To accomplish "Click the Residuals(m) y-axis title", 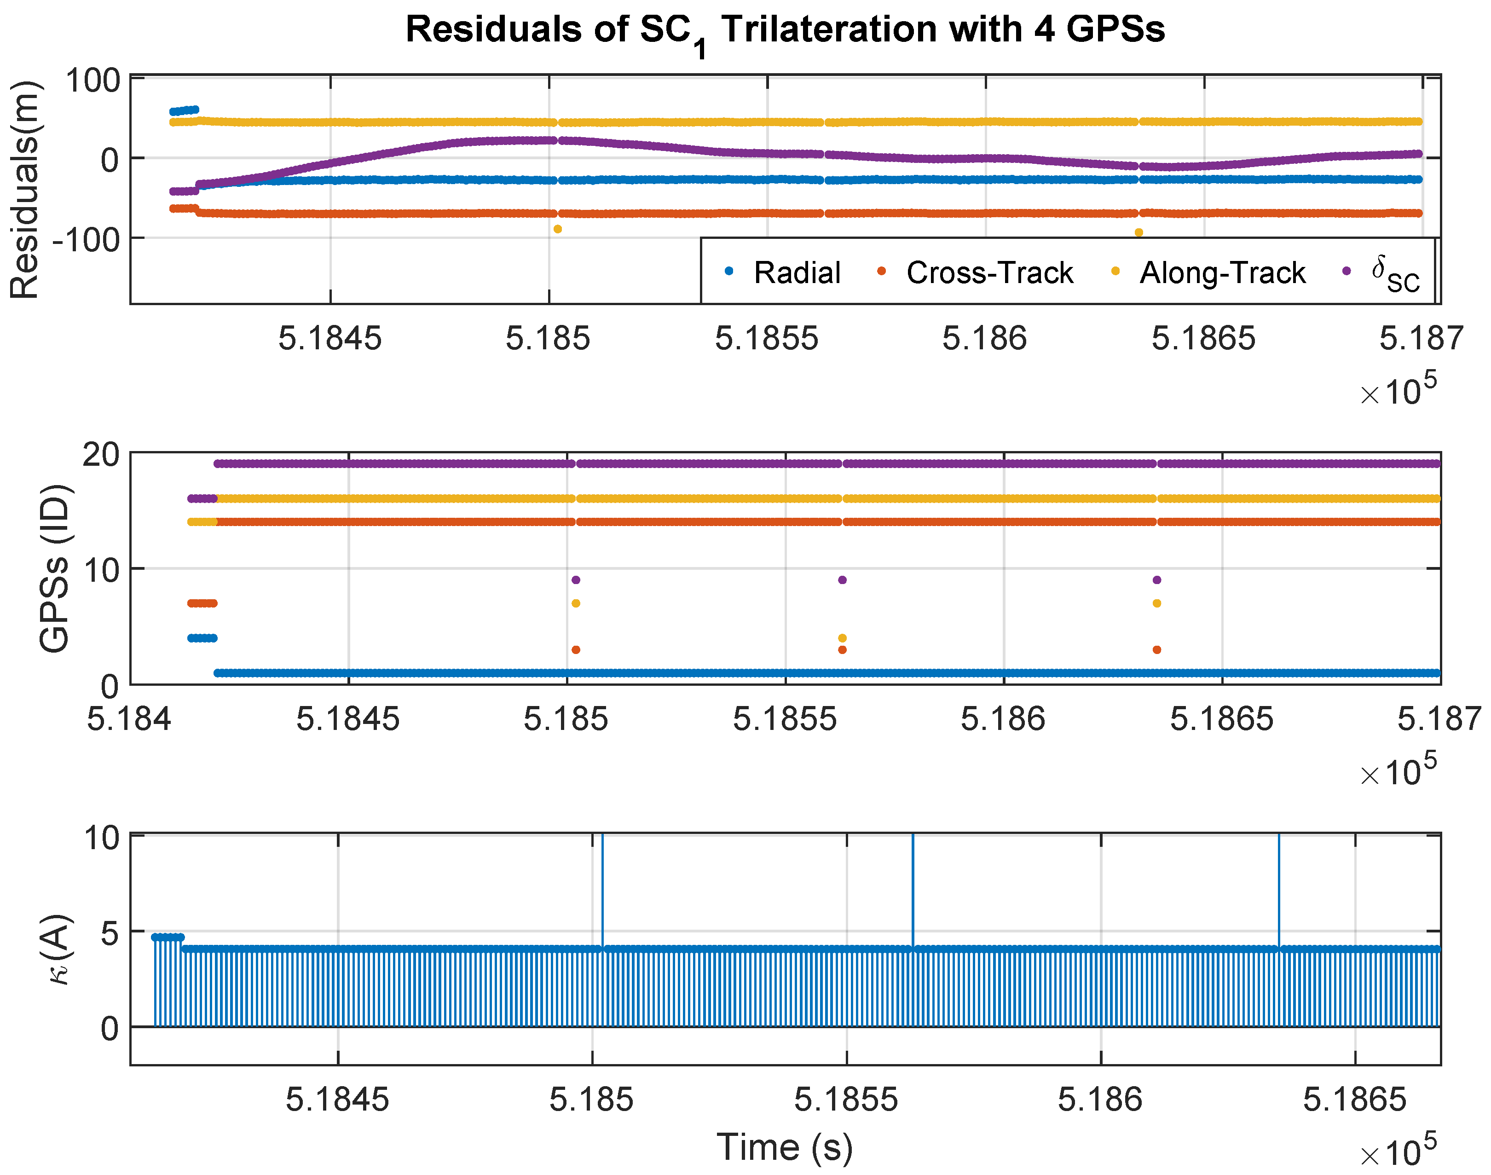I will (x=25, y=190).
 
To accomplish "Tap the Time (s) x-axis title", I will (x=785, y=1147).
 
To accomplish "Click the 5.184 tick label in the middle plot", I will (x=129, y=719).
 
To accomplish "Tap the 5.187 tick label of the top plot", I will (x=1422, y=338).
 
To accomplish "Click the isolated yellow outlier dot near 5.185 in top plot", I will (x=558, y=229).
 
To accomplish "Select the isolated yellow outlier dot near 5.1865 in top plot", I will (x=1139, y=232).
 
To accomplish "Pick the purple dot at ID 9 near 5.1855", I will (x=843, y=580).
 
